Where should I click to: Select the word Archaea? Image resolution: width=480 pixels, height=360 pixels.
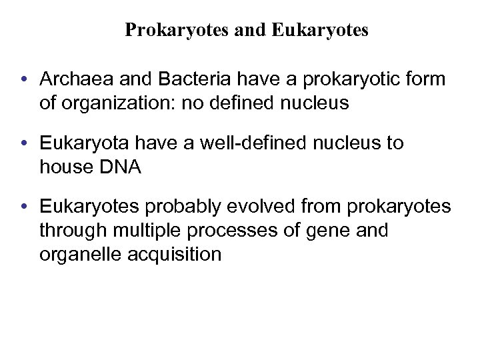(73, 79)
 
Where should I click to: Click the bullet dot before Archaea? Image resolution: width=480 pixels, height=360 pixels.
(24, 80)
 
